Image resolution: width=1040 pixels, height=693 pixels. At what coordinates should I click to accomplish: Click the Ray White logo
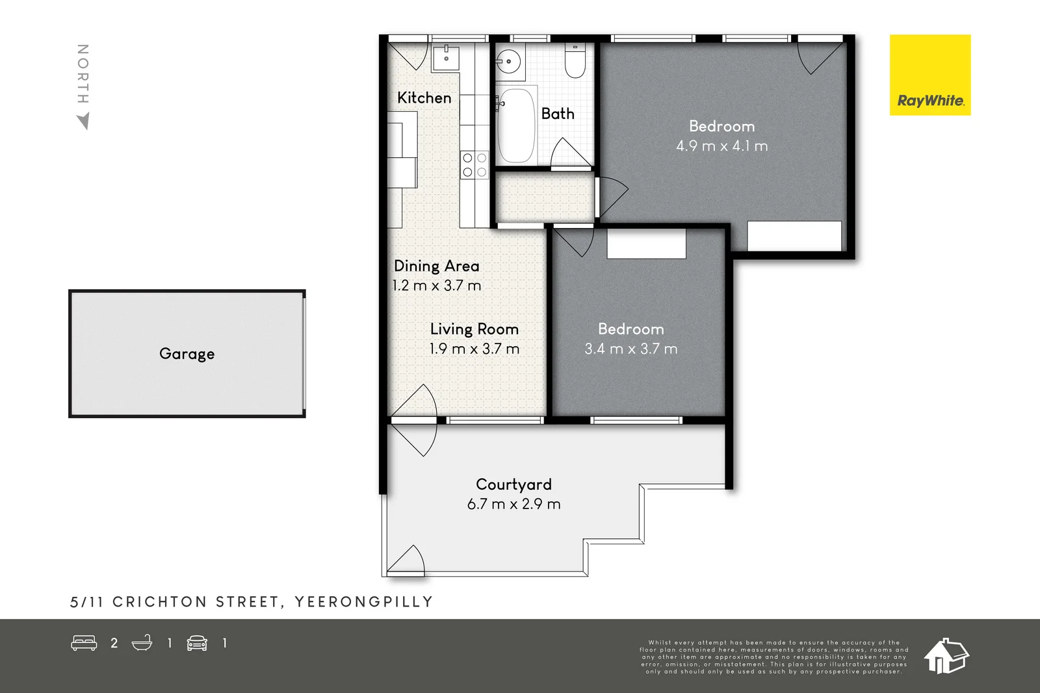[929, 75]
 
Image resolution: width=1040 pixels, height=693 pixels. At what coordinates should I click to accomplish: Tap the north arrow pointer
[83, 121]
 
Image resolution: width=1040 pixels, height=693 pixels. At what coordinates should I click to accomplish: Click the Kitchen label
[424, 97]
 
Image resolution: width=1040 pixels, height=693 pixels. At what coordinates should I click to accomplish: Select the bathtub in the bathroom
[516, 125]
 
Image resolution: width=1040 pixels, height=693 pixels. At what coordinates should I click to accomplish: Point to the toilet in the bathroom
[575, 60]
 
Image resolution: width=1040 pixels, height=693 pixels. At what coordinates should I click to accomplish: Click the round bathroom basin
[508, 62]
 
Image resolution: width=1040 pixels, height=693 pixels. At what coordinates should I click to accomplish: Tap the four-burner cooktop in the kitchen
[474, 164]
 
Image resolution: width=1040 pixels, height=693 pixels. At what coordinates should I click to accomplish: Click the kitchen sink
[447, 57]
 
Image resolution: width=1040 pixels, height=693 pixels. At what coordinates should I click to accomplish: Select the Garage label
[187, 353]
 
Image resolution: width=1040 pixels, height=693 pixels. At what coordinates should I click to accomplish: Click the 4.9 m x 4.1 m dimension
[721, 146]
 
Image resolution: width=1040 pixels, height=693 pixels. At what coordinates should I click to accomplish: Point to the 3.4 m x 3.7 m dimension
[630, 349]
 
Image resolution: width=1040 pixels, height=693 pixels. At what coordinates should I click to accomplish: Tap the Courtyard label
[513, 484]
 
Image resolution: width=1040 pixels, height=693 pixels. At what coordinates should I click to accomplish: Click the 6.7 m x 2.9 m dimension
[513, 504]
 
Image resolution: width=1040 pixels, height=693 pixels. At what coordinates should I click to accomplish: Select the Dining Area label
[436, 266]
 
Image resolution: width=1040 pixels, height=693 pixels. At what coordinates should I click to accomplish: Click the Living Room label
[474, 329]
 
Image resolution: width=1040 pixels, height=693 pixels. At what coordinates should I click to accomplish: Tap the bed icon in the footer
[84, 643]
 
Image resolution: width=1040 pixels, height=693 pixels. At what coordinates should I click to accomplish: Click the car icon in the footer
[197, 643]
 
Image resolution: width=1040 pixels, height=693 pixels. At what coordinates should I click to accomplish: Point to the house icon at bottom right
[946, 655]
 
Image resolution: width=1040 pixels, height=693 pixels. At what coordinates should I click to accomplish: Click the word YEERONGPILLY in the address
[363, 602]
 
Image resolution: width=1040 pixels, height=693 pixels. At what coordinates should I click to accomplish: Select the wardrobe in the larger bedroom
[794, 236]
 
